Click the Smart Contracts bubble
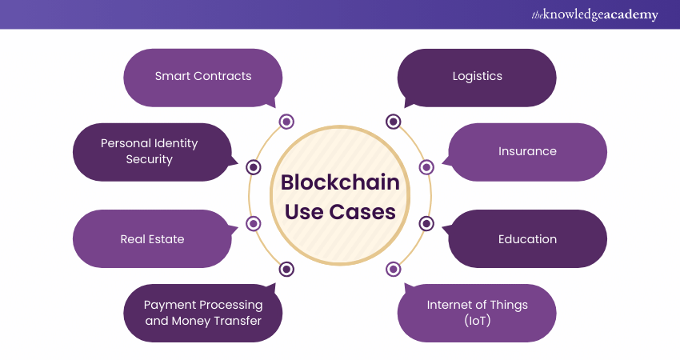[x=202, y=77]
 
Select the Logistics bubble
[x=477, y=77]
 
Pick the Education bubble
[x=527, y=239]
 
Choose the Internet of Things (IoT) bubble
[x=477, y=313]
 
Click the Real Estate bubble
[x=152, y=239]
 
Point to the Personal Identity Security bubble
[x=150, y=151]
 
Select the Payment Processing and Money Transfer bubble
[x=202, y=313]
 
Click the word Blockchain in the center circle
[x=340, y=183]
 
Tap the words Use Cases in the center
[x=340, y=212]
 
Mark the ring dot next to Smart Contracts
[x=286, y=122]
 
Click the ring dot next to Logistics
[x=393, y=122]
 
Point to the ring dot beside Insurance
[x=426, y=167]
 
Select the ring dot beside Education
[x=426, y=224]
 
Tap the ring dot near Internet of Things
[x=393, y=270]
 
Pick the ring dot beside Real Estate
[x=254, y=224]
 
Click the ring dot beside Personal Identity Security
[x=254, y=167]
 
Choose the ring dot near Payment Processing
[x=286, y=270]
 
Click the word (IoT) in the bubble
[x=477, y=321]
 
